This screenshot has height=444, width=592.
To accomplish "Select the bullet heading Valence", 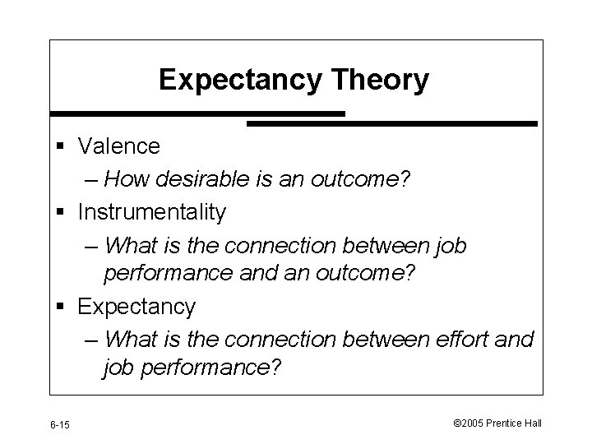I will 119,146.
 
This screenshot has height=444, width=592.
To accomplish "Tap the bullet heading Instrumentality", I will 151,212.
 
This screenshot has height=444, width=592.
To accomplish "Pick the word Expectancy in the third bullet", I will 136,307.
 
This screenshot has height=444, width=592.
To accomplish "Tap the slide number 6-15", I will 60,424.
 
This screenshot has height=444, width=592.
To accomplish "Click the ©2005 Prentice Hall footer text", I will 498,423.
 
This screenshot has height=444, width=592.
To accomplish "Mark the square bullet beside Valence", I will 62,148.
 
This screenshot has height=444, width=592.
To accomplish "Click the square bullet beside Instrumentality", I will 62,214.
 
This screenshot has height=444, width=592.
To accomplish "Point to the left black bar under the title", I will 197,113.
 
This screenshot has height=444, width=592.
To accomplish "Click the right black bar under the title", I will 392,123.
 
